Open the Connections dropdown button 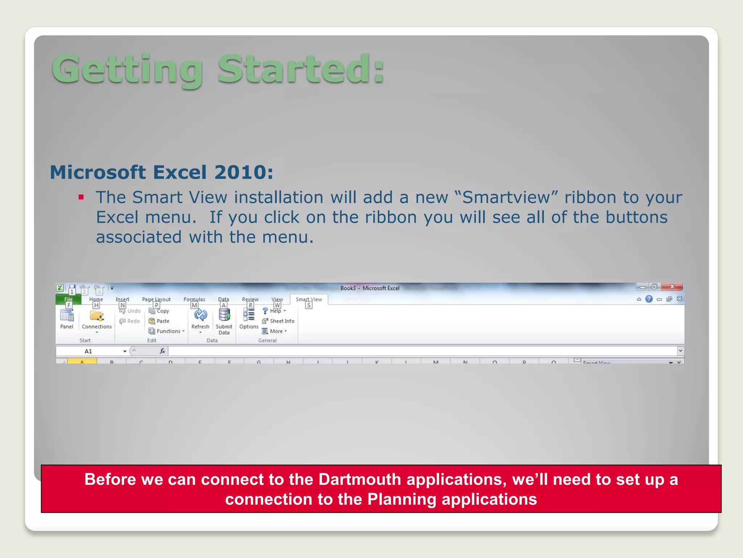click(97, 320)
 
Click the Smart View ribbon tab click(309, 299)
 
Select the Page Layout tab click(156, 299)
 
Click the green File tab click(68, 299)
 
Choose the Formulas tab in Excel click(194, 299)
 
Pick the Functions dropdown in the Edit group click(167, 331)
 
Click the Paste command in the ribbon click(159, 321)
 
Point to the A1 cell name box click(89, 351)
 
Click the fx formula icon click(163, 351)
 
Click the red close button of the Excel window click(672, 287)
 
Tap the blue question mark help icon click(649, 299)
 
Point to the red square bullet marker click(81, 198)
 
